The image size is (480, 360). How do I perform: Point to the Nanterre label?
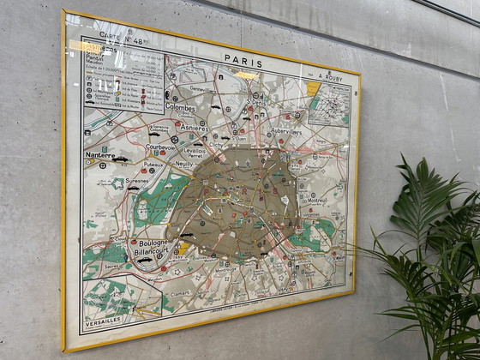[x=100, y=155]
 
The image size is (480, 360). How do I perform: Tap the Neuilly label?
[x=184, y=162]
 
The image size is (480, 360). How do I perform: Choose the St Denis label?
[x=255, y=102]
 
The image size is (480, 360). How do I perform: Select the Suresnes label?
[x=136, y=182]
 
